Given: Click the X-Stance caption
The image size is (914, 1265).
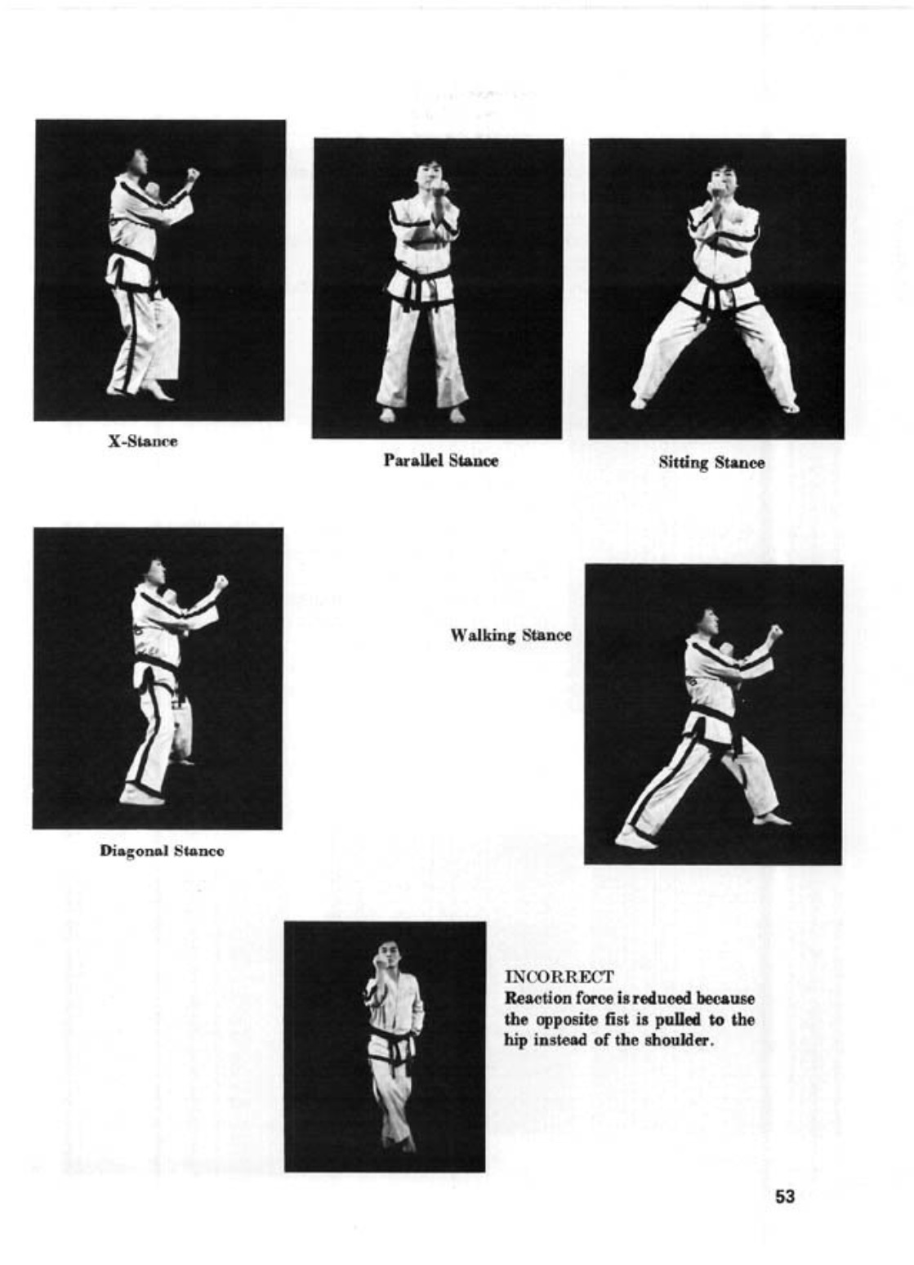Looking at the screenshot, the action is click(x=144, y=441).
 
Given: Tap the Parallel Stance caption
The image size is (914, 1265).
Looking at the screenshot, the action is click(x=441, y=461).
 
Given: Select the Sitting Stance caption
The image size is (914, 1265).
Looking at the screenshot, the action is click(x=712, y=463).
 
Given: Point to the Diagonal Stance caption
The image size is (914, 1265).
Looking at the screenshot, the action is click(x=162, y=851).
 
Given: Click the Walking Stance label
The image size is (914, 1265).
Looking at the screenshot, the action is click(x=511, y=635).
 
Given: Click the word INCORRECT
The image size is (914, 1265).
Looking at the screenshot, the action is click(x=559, y=976).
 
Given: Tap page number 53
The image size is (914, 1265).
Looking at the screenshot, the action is click(x=785, y=1196).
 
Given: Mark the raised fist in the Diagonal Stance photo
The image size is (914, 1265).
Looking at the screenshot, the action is click(x=221, y=582).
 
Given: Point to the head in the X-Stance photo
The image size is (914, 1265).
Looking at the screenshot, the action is click(x=138, y=163).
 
